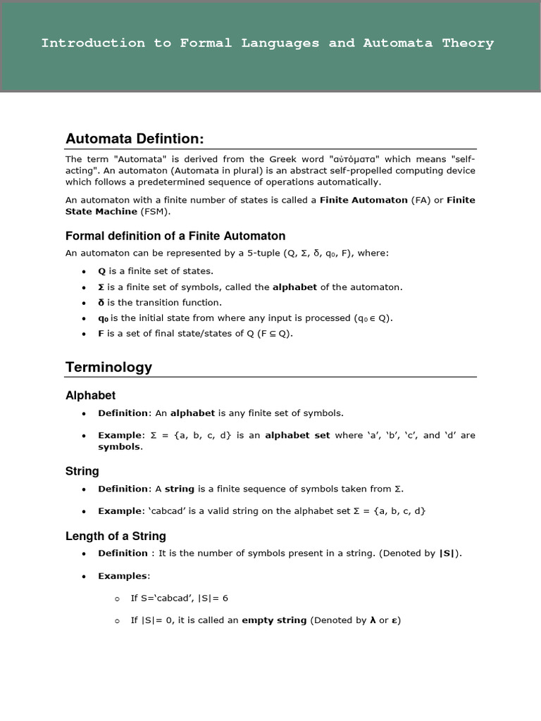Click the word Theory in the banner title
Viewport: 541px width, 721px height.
(x=468, y=43)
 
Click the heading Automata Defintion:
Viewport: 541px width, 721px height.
(x=135, y=139)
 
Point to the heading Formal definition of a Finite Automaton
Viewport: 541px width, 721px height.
(x=175, y=236)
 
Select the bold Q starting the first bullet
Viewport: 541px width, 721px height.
(x=101, y=271)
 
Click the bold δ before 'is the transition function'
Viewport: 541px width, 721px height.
(x=101, y=303)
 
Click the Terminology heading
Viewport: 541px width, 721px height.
(x=108, y=367)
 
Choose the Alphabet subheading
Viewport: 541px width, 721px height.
(x=90, y=396)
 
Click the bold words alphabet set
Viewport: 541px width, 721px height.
(x=297, y=435)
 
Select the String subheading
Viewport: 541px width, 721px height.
(x=82, y=471)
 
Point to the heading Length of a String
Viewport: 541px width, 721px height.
(x=116, y=536)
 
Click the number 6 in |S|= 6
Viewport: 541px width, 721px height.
(x=225, y=598)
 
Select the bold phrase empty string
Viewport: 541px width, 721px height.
(x=274, y=620)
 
